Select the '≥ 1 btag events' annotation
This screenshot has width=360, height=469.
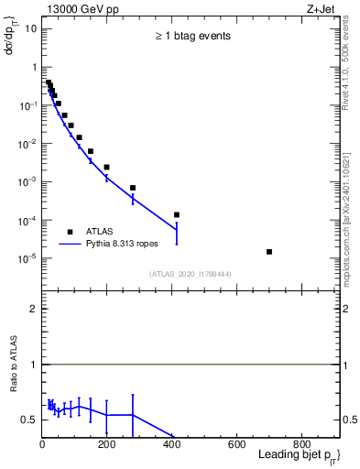[x=191, y=37]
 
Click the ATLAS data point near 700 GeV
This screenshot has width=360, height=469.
[x=269, y=251]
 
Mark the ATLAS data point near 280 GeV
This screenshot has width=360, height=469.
[x=133, y=188]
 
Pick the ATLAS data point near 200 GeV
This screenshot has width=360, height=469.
[x=107, y=167]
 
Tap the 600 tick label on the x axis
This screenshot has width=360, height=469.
[x=236, y=446]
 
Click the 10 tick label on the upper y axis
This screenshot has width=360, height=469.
[x=30, y=28]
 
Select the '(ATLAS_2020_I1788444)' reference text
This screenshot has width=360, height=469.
[x=191, y=274]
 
